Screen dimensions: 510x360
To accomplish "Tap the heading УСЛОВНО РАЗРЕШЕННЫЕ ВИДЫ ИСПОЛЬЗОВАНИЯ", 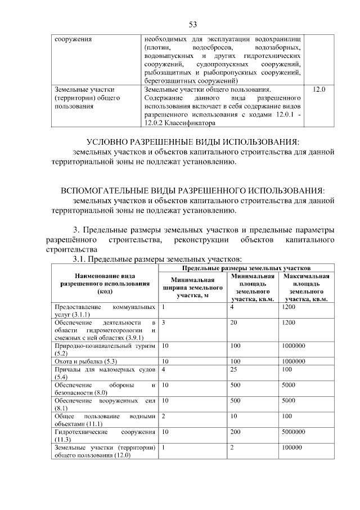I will (x=192, y=141).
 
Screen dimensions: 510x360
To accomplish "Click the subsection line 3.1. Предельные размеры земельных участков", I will (x=157, y=259).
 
